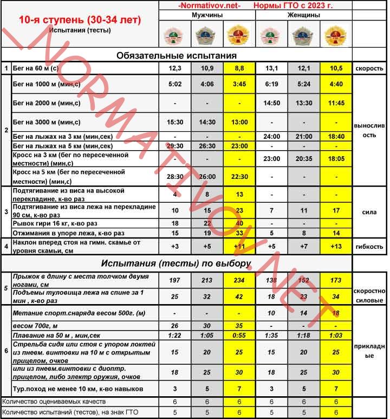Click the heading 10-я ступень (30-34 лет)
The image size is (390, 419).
click(80, 20)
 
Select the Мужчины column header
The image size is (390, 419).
click(207, 16)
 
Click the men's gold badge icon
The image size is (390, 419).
click(239, 36)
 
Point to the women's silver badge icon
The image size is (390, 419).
click(304, 36)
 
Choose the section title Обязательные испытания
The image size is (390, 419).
click(177, 55)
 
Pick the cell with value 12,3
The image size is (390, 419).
click(175, 69)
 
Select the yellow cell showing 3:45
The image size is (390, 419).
click(239, 84)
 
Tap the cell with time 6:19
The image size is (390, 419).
click(271, 84)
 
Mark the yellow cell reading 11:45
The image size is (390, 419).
click(336, 103)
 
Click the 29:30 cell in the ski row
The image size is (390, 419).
click(175, 146)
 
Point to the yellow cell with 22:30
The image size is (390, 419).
click(239, 177)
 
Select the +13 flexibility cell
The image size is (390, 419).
click(336, 247)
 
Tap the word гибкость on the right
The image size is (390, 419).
click(369, 247)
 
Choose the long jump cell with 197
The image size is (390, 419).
click(175, 281)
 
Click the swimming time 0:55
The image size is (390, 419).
click(239, 336)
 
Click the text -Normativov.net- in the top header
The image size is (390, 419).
click(209, 5)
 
